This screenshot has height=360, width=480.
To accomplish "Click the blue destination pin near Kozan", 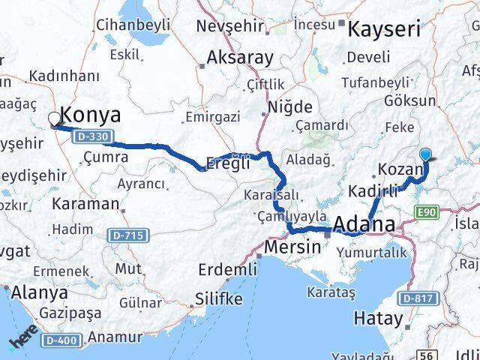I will [x=427, y=154].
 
